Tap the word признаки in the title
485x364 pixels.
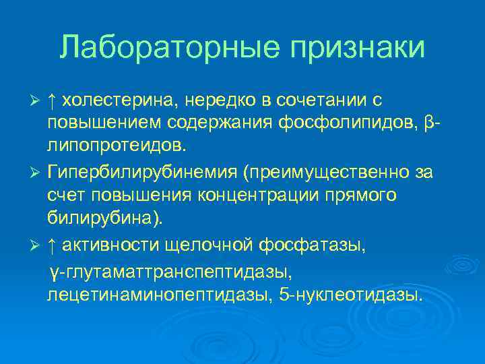358,48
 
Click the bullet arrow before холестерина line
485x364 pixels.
38,101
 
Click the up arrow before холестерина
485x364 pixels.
53,101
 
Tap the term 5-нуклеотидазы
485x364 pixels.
351,296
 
